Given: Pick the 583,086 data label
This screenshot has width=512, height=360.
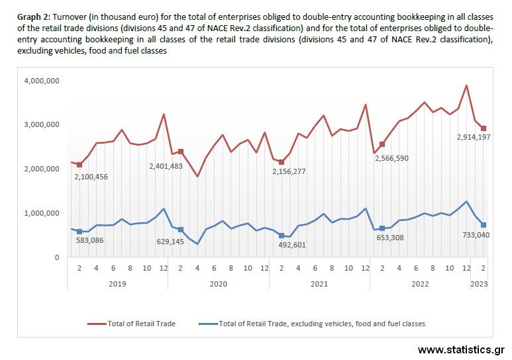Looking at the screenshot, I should (x=93, y=240).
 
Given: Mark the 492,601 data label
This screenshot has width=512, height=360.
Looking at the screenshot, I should (x=292, y=245).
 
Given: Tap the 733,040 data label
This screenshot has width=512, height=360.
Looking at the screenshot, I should (x=474, y=234).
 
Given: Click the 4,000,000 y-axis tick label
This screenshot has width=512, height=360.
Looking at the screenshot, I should (x=42, y=81).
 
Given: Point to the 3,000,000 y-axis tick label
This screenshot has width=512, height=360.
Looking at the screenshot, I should (x=42, y=124).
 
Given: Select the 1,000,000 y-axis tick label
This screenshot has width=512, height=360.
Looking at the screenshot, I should (x=42, y=213).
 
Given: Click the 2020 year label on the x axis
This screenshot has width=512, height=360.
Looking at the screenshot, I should (x=218, y=283).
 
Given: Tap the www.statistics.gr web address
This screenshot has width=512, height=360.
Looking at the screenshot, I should (x=461, y=349).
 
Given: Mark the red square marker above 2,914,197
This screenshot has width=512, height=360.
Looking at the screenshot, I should (x=484, y=128).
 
